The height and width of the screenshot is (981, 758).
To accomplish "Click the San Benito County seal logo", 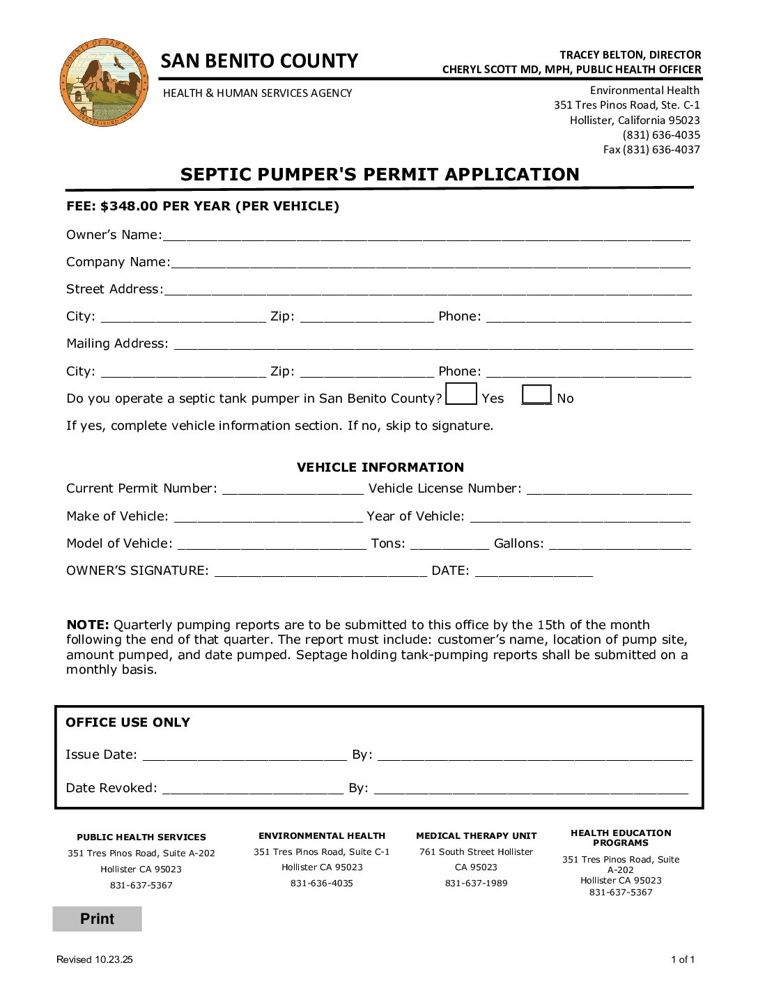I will pyautogui.click(x=103, y=82).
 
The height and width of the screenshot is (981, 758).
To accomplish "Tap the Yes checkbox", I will pyautogui.click(x=461, y=394).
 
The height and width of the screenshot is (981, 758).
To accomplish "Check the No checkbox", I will pyautogui.click(x=536, y=394).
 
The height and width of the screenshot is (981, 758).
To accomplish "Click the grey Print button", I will pyautogui.click(x=97, y=919).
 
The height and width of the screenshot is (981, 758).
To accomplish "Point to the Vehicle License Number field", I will pyautogui.click(x=609, y=488).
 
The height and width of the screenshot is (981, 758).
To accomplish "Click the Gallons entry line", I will pyautogui.click(x=620, y=543).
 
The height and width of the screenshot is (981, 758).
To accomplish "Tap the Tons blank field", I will pyautogui.click(x=449, y=543).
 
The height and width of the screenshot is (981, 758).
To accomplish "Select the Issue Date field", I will pyautogui.click(x=244, y=754).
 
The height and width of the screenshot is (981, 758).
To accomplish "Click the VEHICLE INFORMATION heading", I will pyautogui.click(x=380, y=468).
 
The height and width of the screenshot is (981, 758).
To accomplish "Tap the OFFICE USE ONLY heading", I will pyautogui.click(x=127, y=723).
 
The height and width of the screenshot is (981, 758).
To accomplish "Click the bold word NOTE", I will pyautogui.click(x=88, y=625).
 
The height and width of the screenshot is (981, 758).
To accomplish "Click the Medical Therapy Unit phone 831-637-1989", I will pyautogui.click(x=476, y=883).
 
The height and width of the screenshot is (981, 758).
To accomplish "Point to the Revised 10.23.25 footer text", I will pyautogui.click(x=94, y=959).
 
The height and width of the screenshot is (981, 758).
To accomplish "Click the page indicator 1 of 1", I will pyautogui.click(x=682, y=959).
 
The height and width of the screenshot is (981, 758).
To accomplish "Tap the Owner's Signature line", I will pyautogui.click(x=320, y=570).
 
